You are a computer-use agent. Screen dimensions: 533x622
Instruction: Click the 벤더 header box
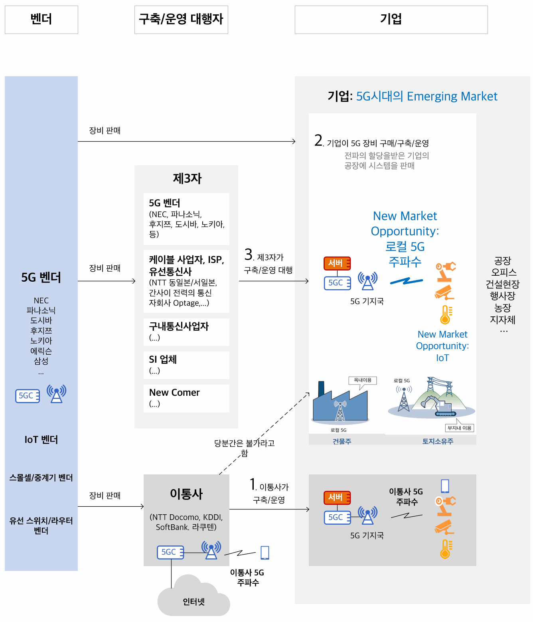click(x=41, y=20)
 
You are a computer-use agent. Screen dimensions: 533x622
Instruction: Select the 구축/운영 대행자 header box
click(x=181, y=20)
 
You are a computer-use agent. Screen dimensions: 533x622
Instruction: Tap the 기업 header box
click(x=391, y=20)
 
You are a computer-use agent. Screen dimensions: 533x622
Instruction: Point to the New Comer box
click(x=186, y=398)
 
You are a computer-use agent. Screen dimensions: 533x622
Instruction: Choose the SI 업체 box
click(x=186, y=365)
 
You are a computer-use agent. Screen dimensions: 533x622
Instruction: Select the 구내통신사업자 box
click(x=186, y=332)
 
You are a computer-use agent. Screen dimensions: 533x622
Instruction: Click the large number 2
click(x=318, y=140)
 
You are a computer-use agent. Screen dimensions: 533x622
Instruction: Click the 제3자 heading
click(x=187, y=178)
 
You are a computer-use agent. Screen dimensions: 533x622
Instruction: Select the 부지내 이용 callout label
click(x=459, y=427)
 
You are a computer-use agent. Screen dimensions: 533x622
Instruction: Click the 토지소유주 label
click(x=438, y=441)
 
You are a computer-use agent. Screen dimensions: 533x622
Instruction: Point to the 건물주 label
click(x=342, y=441)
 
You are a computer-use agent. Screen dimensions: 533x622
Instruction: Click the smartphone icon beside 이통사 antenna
click(x=265, y=553)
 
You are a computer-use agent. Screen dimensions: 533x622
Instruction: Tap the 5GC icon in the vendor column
click(x=28, y=396)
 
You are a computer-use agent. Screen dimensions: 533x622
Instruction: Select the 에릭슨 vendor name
click(x=41, y=351)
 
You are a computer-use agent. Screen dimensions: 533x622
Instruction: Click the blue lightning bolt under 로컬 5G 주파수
click(x=406, y=281)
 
